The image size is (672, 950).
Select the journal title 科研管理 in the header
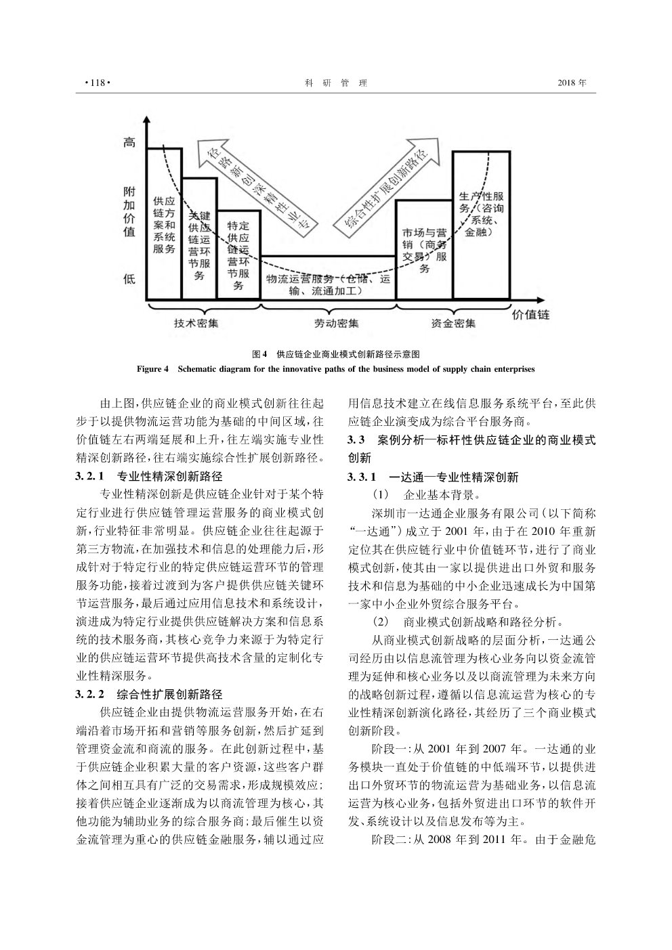[336, 83]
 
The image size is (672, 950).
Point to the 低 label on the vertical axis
[129, 279]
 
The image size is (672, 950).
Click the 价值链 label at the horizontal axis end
[530, 315]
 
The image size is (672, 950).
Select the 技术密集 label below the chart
[196, 323]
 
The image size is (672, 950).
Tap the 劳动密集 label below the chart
[337, 324]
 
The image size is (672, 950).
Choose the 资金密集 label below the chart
[453, 324]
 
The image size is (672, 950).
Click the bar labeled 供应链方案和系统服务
[164, 224]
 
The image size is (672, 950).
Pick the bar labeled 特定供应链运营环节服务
[238, 255]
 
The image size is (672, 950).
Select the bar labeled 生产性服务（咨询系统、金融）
[482, 225]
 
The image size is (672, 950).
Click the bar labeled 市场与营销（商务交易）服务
[424, 250]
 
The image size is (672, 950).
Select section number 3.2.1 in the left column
[89, 476]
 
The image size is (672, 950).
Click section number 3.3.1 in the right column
[362, 477]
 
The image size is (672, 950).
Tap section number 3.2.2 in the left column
[89, 694]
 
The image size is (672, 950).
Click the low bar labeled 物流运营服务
[328, 278]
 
